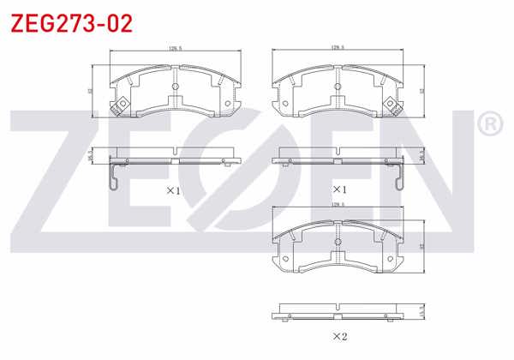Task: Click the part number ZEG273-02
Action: pyautogui.click(x=70, y=23)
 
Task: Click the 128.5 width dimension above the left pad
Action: pyautogui.click(x=174, y=49)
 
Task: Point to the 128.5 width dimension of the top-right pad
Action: pyautogui.click(x=337, y=49)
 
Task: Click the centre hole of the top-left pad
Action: pyautogui.click(x=175, y=86)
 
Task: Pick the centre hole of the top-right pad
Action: pyautogui.click(x=338, y=86)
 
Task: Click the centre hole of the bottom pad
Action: pyautogui.click(x=338, y=243)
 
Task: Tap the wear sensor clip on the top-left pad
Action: pyautogui.click(x=121, y=105)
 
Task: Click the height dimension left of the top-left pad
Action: pyautogui.click(x=92, y=88)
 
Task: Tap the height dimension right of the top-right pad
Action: pyautogui.click(x=421, y=88)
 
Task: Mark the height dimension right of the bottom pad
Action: pyautogui.click(x=421, y=246)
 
